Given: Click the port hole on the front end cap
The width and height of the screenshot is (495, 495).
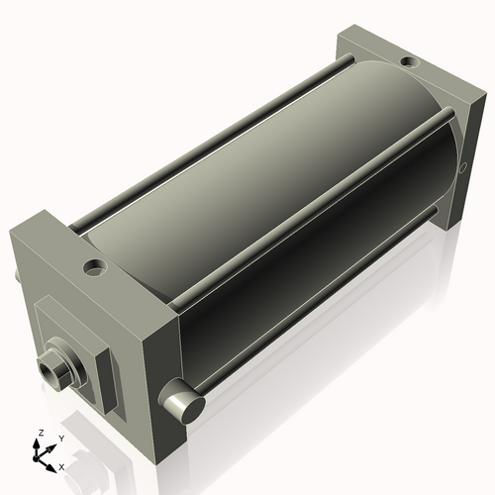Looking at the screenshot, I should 94,266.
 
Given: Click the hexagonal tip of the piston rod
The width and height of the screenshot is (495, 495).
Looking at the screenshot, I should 50,372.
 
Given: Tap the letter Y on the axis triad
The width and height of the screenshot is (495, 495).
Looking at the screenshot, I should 60,439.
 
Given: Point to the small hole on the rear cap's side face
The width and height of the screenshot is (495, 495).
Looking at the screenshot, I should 462,168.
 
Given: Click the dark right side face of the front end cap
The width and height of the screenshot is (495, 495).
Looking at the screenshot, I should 163,356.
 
